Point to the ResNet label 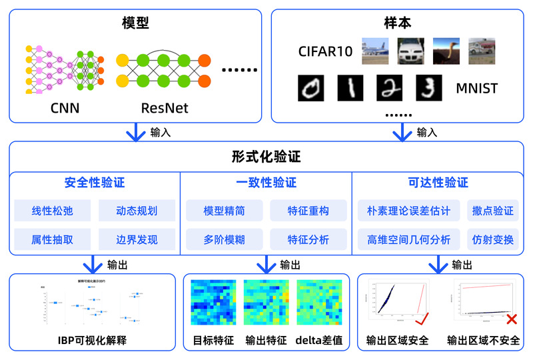165,107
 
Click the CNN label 65,107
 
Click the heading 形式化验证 266,157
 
